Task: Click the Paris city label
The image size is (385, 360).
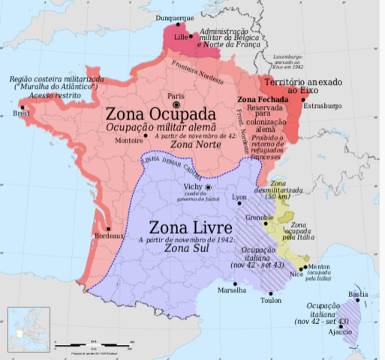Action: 176,96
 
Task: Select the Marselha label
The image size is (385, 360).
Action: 231,289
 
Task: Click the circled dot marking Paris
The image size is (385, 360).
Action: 176,105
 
